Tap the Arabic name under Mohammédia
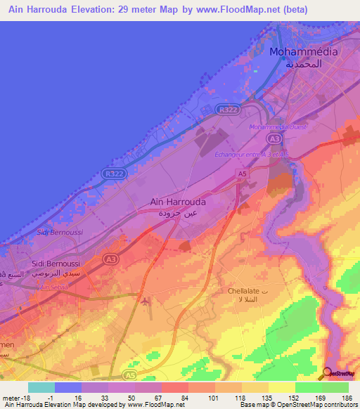pos(304,63)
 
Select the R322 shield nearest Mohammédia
pos(227,110)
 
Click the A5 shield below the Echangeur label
pos(242,173)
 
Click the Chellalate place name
pos(244,290)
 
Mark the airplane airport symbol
pos(145,302)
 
